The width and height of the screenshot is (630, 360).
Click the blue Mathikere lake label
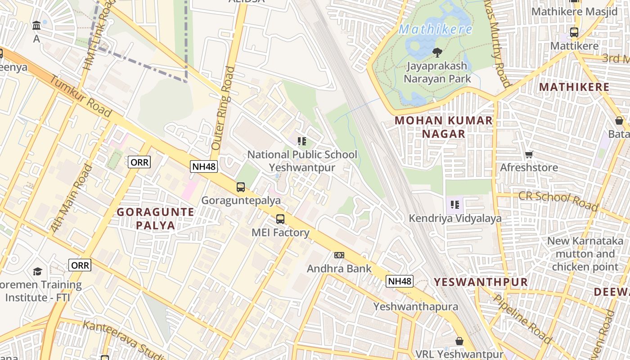(x=435, y=30)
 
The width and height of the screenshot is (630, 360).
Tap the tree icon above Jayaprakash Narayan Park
(x=437, y=53)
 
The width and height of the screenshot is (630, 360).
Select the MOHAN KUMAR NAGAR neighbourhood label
(x=444, y=127)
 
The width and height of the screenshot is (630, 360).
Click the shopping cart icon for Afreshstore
(x=529, y=154)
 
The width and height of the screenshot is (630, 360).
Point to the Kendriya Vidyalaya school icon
(x=455, y=205)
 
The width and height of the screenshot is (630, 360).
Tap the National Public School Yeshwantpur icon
(x=302, y=141)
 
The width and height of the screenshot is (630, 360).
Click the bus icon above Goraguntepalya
(x=241, y=187)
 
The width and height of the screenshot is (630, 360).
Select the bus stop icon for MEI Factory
(x=280, y=219)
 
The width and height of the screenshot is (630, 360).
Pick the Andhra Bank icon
(x=339, y=255)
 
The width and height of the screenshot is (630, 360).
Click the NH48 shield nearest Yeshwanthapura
(x=400, y=281)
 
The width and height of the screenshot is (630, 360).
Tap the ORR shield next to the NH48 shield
(x=139, y=162)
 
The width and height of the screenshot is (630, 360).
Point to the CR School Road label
(x=558, y=201)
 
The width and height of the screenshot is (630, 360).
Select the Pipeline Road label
(x=522, y=319)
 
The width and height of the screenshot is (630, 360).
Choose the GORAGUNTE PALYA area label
(x=156, y=218)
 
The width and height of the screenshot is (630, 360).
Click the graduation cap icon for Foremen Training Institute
(x=37, y=271)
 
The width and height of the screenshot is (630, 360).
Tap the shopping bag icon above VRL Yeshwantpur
(x=459, y=341)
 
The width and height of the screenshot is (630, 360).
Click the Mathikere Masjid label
(x=575, y=12)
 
